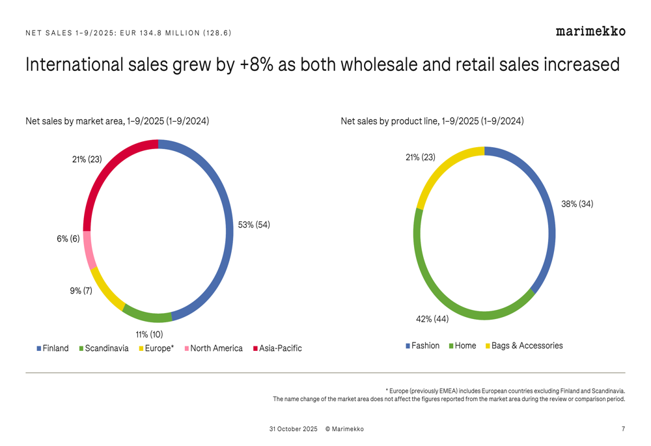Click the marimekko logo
tap(590, 31)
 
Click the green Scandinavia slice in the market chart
tap(146, 316)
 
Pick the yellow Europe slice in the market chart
tap(105, 290)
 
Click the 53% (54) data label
tap(254, 225)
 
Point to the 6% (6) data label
tap(68, 239)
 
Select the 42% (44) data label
tap(432, 319)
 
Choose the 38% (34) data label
tap(577, 204)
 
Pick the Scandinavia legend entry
tap(106, 348)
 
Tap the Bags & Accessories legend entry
tap(527, 346)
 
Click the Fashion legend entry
tap(425, 346)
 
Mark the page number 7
tap(623, 429)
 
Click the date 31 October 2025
tap(293, 429)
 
